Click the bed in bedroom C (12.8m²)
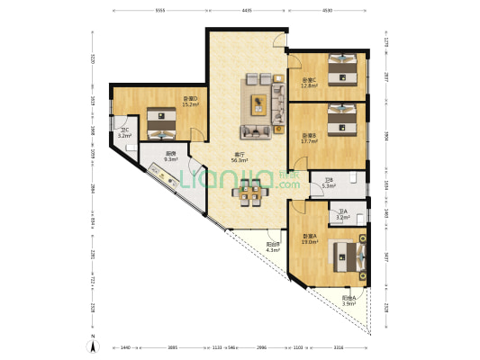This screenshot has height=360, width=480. [x=342, y=69]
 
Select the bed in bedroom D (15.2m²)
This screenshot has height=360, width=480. [x=160, y=122]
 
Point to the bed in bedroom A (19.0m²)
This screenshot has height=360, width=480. [x=347, y=256]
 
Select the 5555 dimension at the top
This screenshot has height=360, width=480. [x=160, y=10]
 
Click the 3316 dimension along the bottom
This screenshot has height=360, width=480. [x=338, y=346]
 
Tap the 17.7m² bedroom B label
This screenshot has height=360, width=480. [x=308, y=138]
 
